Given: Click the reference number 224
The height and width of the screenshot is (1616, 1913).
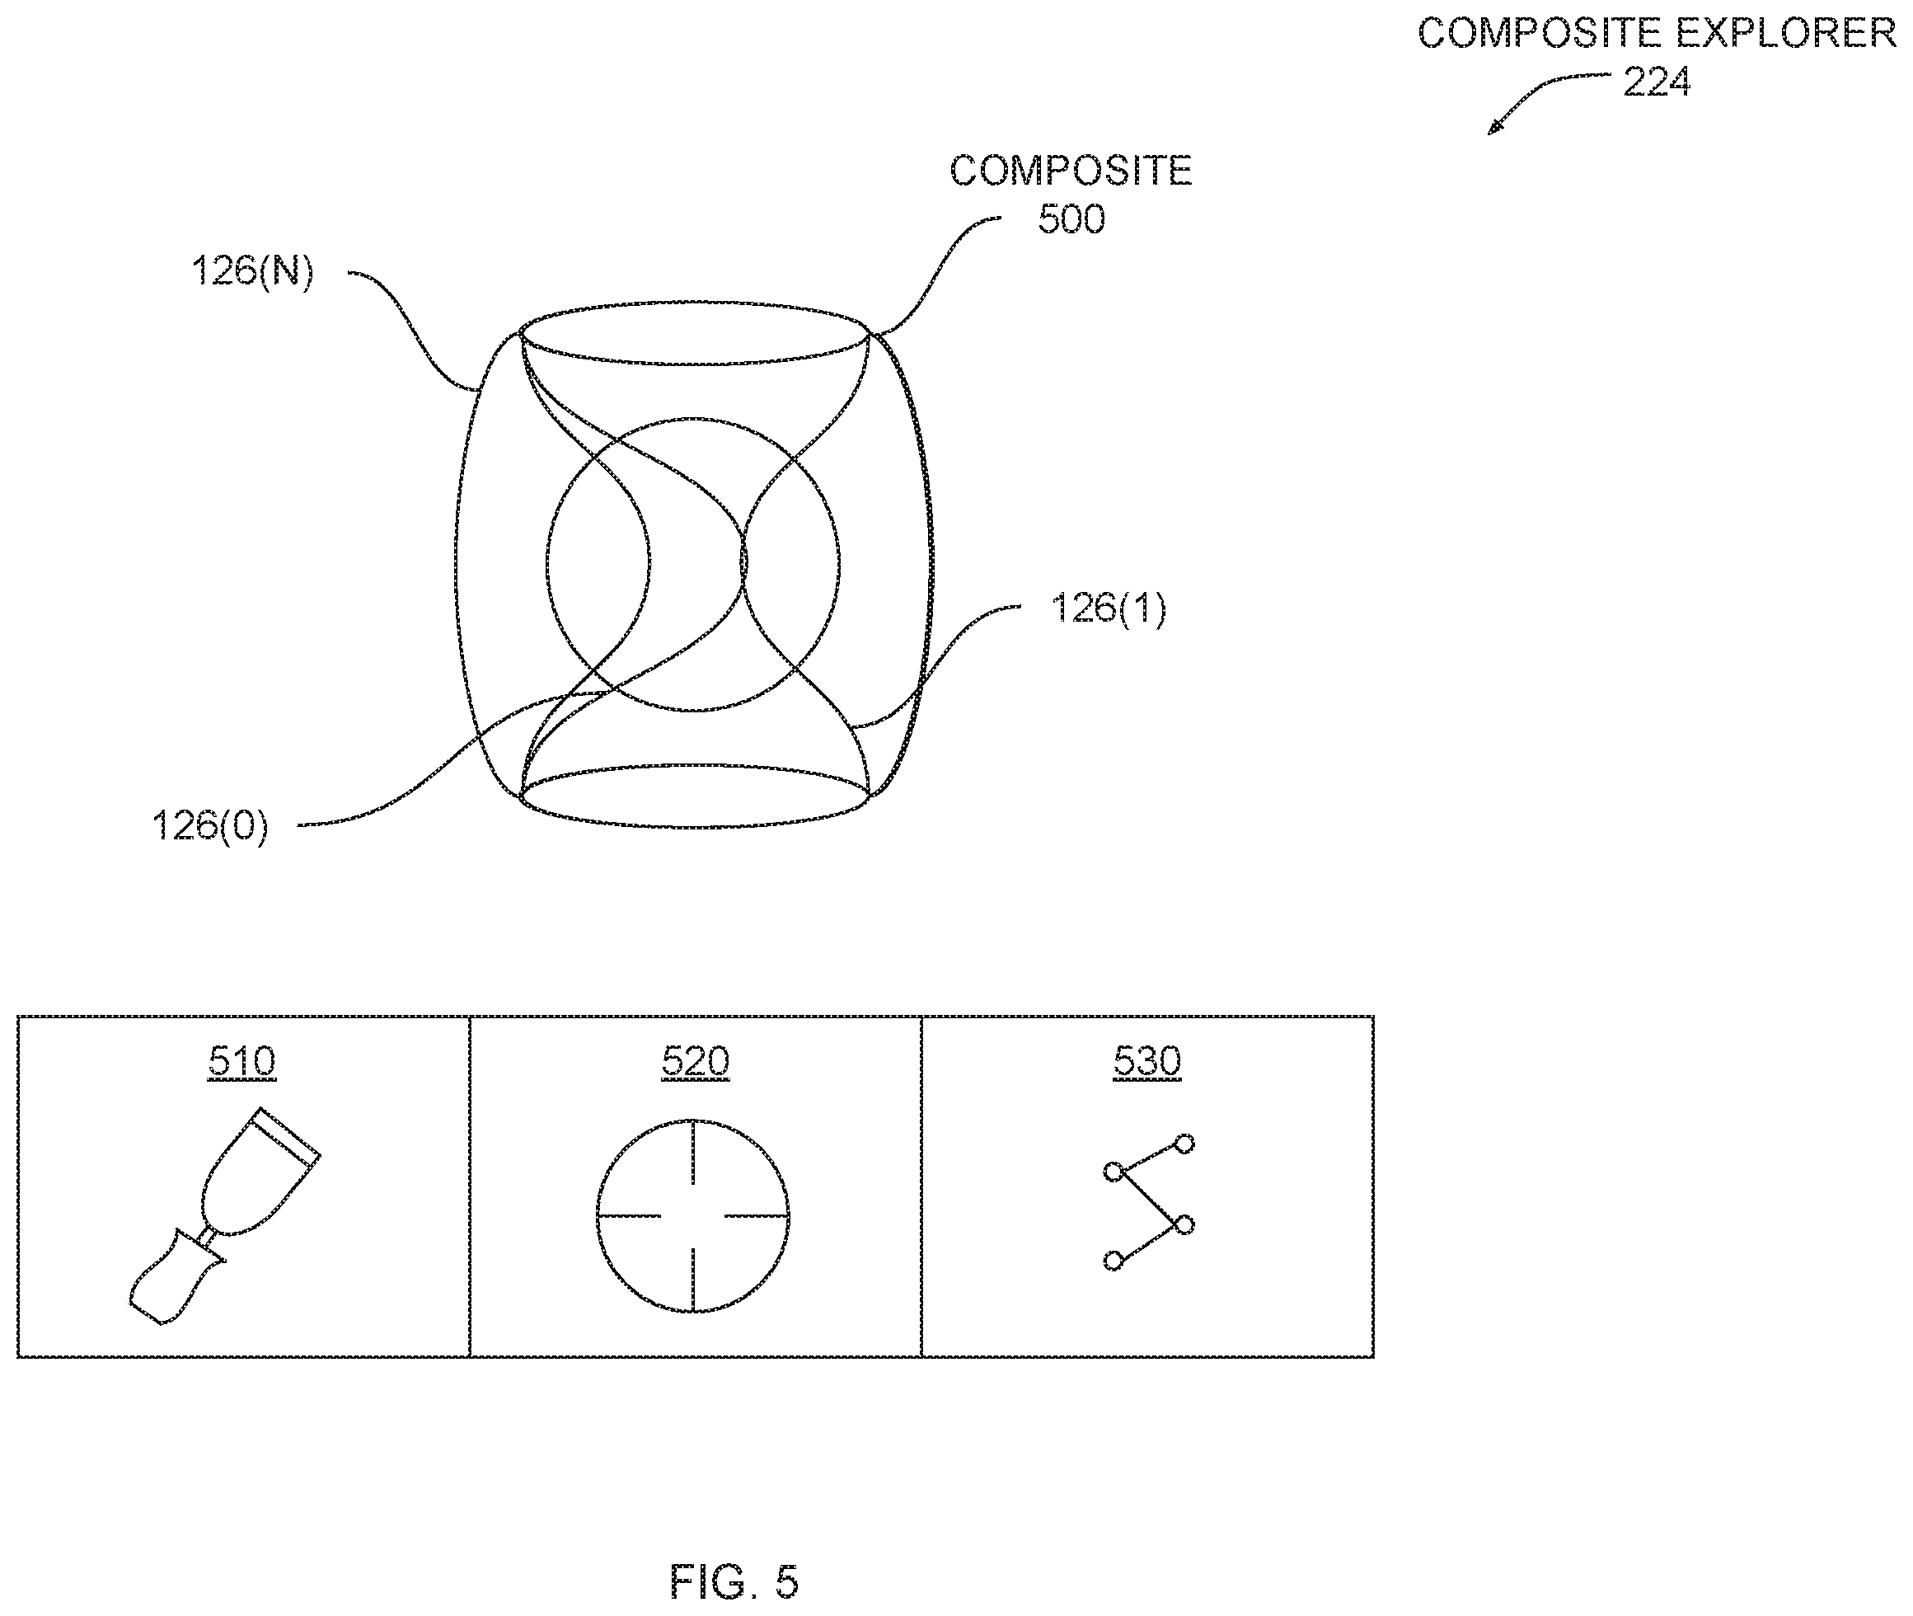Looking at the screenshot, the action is [1656, 82].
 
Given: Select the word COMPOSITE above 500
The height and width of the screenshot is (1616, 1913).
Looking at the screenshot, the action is [1071, 171].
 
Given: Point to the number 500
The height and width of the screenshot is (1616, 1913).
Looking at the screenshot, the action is [1071, 220].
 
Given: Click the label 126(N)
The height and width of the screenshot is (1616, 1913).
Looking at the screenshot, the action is [252, 271].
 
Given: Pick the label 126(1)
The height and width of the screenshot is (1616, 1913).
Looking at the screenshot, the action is [1108, 608].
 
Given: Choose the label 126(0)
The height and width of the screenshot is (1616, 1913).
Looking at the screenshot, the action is [209, 826].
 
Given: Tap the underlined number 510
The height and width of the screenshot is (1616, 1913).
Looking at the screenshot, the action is [241, 1062].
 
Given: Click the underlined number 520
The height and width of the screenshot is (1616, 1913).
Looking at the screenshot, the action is [695, 1062].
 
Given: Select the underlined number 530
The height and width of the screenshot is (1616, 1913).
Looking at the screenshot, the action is [1147, 1062].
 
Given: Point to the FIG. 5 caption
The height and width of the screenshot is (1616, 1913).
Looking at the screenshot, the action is [734, 1581].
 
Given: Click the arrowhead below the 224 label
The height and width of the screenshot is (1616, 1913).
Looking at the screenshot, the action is [1493, 129].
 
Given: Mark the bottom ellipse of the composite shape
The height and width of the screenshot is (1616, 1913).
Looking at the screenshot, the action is [694, 827].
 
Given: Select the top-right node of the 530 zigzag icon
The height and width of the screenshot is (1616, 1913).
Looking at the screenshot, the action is [1185, 1144].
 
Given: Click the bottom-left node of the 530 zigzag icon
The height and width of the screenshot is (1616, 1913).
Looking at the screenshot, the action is [1114, 1261].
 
